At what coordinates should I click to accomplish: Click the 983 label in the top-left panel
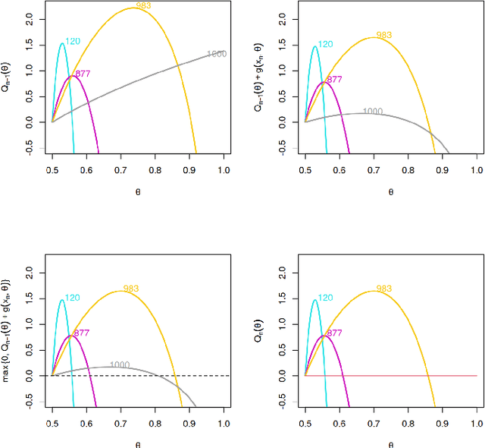(143, 6)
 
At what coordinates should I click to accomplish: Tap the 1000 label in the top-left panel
(217, 55)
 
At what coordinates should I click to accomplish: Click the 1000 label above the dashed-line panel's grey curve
(120, 365)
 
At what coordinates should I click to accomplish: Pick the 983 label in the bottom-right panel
(384, 289)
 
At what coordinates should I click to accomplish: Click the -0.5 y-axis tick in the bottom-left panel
(30, 402)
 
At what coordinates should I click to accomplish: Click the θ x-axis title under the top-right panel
(390, 192)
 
